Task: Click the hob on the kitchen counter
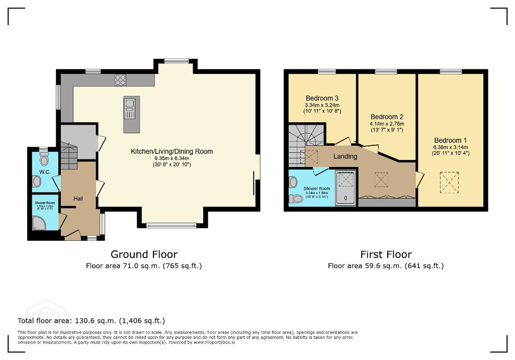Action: point(120,80)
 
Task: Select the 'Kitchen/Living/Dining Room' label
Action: point(171,151)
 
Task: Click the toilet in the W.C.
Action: point(44,160)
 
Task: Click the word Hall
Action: point(78,199)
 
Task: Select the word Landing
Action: point(346,156)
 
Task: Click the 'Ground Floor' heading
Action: point(144,254)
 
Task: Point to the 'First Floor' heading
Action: point(386,254)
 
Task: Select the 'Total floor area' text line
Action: point(91,320)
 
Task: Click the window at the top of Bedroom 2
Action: point(385,72)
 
